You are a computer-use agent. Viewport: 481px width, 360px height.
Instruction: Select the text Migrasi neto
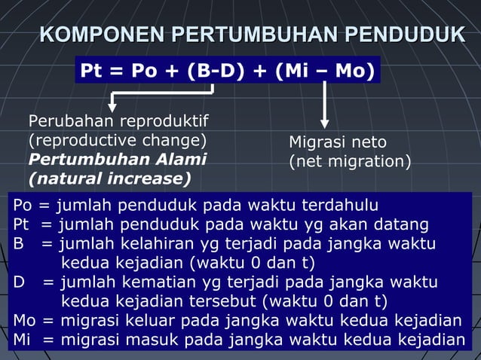338,142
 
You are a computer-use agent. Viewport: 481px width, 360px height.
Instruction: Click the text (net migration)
350,161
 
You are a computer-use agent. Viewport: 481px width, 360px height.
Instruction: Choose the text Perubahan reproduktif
118,122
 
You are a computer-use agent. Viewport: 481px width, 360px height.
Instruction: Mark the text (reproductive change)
117,140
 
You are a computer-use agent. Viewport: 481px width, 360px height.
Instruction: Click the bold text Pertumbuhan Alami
117,159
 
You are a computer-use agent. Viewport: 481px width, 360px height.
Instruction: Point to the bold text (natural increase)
109,178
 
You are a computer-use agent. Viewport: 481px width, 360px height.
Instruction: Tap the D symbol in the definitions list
19,282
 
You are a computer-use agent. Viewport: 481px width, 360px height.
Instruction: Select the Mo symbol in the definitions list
24,321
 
